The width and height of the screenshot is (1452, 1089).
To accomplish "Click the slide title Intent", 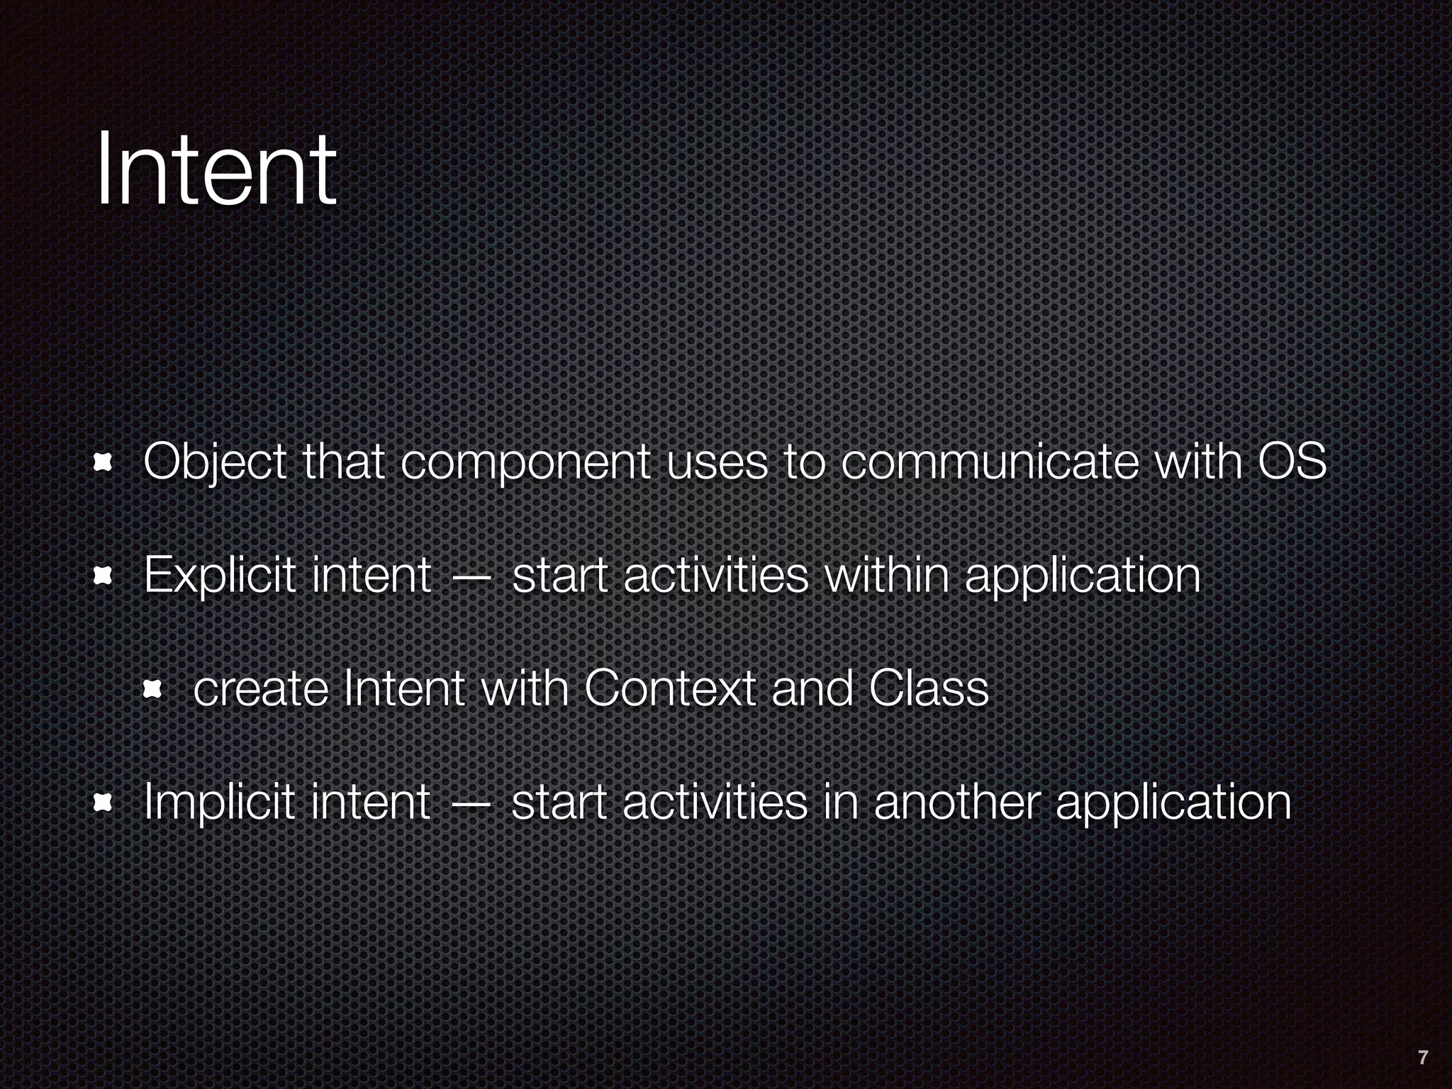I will tap(216, 170).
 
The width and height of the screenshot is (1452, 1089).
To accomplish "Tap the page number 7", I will tap(1422, 1058).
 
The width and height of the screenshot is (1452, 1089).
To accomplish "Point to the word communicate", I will tap(990, 462).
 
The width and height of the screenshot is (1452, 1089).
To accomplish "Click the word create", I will tap(259, 690).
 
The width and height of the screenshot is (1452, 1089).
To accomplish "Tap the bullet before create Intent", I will tap(153, 690).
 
